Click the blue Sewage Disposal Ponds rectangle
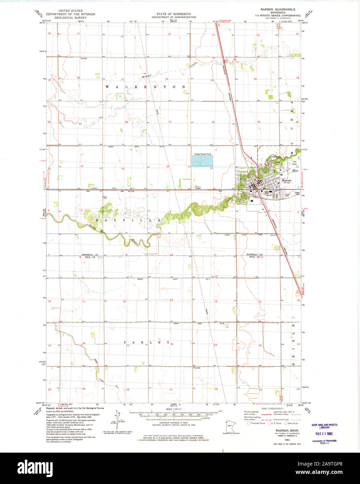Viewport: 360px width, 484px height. pos(202,161)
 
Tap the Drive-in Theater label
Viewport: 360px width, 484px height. pos(198,187)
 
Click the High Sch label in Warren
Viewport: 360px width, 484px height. pos(268,195)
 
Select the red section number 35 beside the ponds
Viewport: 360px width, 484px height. pos(212,169)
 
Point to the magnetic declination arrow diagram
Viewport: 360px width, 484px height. pos(117,421)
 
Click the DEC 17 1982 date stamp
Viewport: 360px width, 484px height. pos(324,433)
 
